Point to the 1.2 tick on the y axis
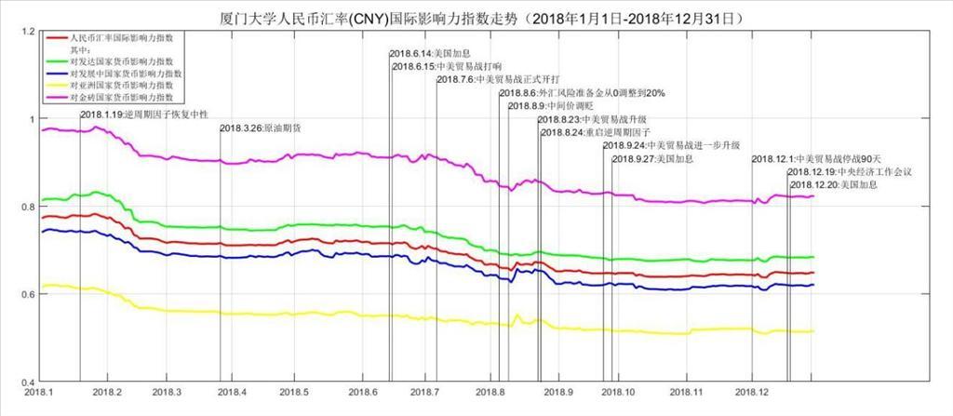point(27,33)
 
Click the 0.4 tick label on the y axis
point(27,382)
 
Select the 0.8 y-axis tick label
point(27,208)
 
